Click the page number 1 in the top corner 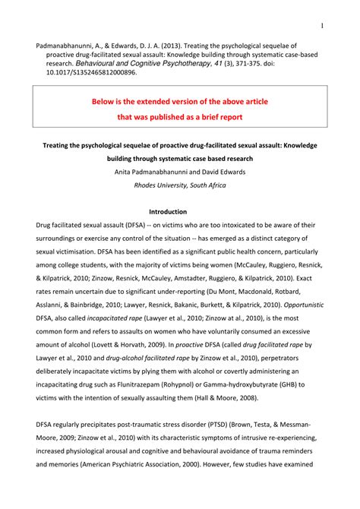pyautogui.click(x=322, y=26)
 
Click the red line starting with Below pyautogui.click(x=180, y=101)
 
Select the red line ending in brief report pyautogui.click(x=180, y=118)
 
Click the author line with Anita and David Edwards pyautogui.click(x=180, y=172)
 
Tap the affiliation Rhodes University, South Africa pyautogui.click(x=180, y=185)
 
